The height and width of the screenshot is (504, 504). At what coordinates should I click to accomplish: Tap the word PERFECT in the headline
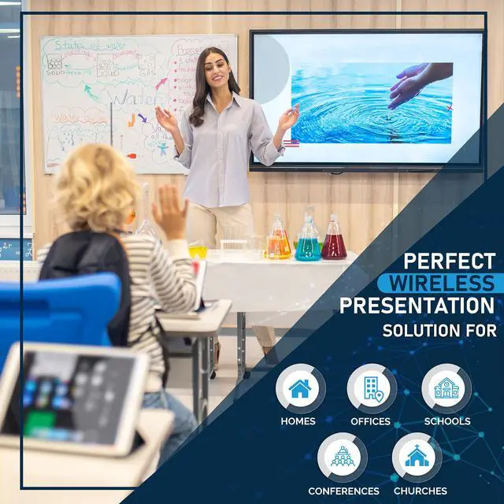(449, 261)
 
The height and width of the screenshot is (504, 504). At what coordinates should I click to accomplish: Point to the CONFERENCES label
(343, 491)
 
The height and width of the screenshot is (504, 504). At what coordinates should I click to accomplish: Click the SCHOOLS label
(447, 421)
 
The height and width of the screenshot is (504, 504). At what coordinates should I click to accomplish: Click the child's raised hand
(170, 212)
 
